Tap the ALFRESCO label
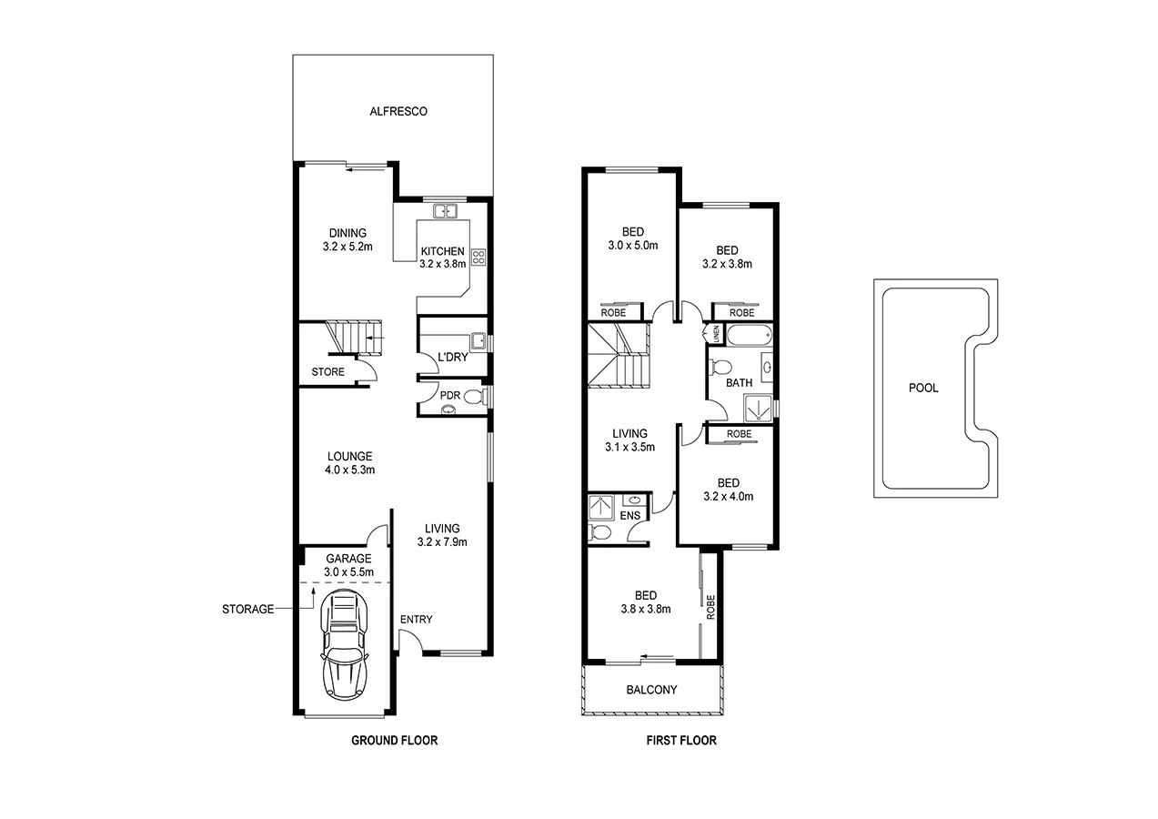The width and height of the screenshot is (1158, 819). point(398,112)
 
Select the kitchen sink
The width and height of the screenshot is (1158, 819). point(445,212)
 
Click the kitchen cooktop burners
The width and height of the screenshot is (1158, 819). point(478,257)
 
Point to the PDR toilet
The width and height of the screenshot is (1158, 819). point(471,396)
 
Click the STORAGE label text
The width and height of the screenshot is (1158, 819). point(248,609)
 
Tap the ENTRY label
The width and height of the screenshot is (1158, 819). point(416,620)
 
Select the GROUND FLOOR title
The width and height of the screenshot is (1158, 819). point(395,741)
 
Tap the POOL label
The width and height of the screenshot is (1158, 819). point(923,388)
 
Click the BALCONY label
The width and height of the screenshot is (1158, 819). point(651,690)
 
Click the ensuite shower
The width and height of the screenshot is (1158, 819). point(601,505)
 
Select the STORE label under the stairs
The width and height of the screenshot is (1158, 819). point(327,372)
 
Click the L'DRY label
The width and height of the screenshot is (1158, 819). point(452,358)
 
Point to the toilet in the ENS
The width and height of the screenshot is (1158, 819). point(600,532)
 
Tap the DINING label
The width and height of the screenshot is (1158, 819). point(347,233)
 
